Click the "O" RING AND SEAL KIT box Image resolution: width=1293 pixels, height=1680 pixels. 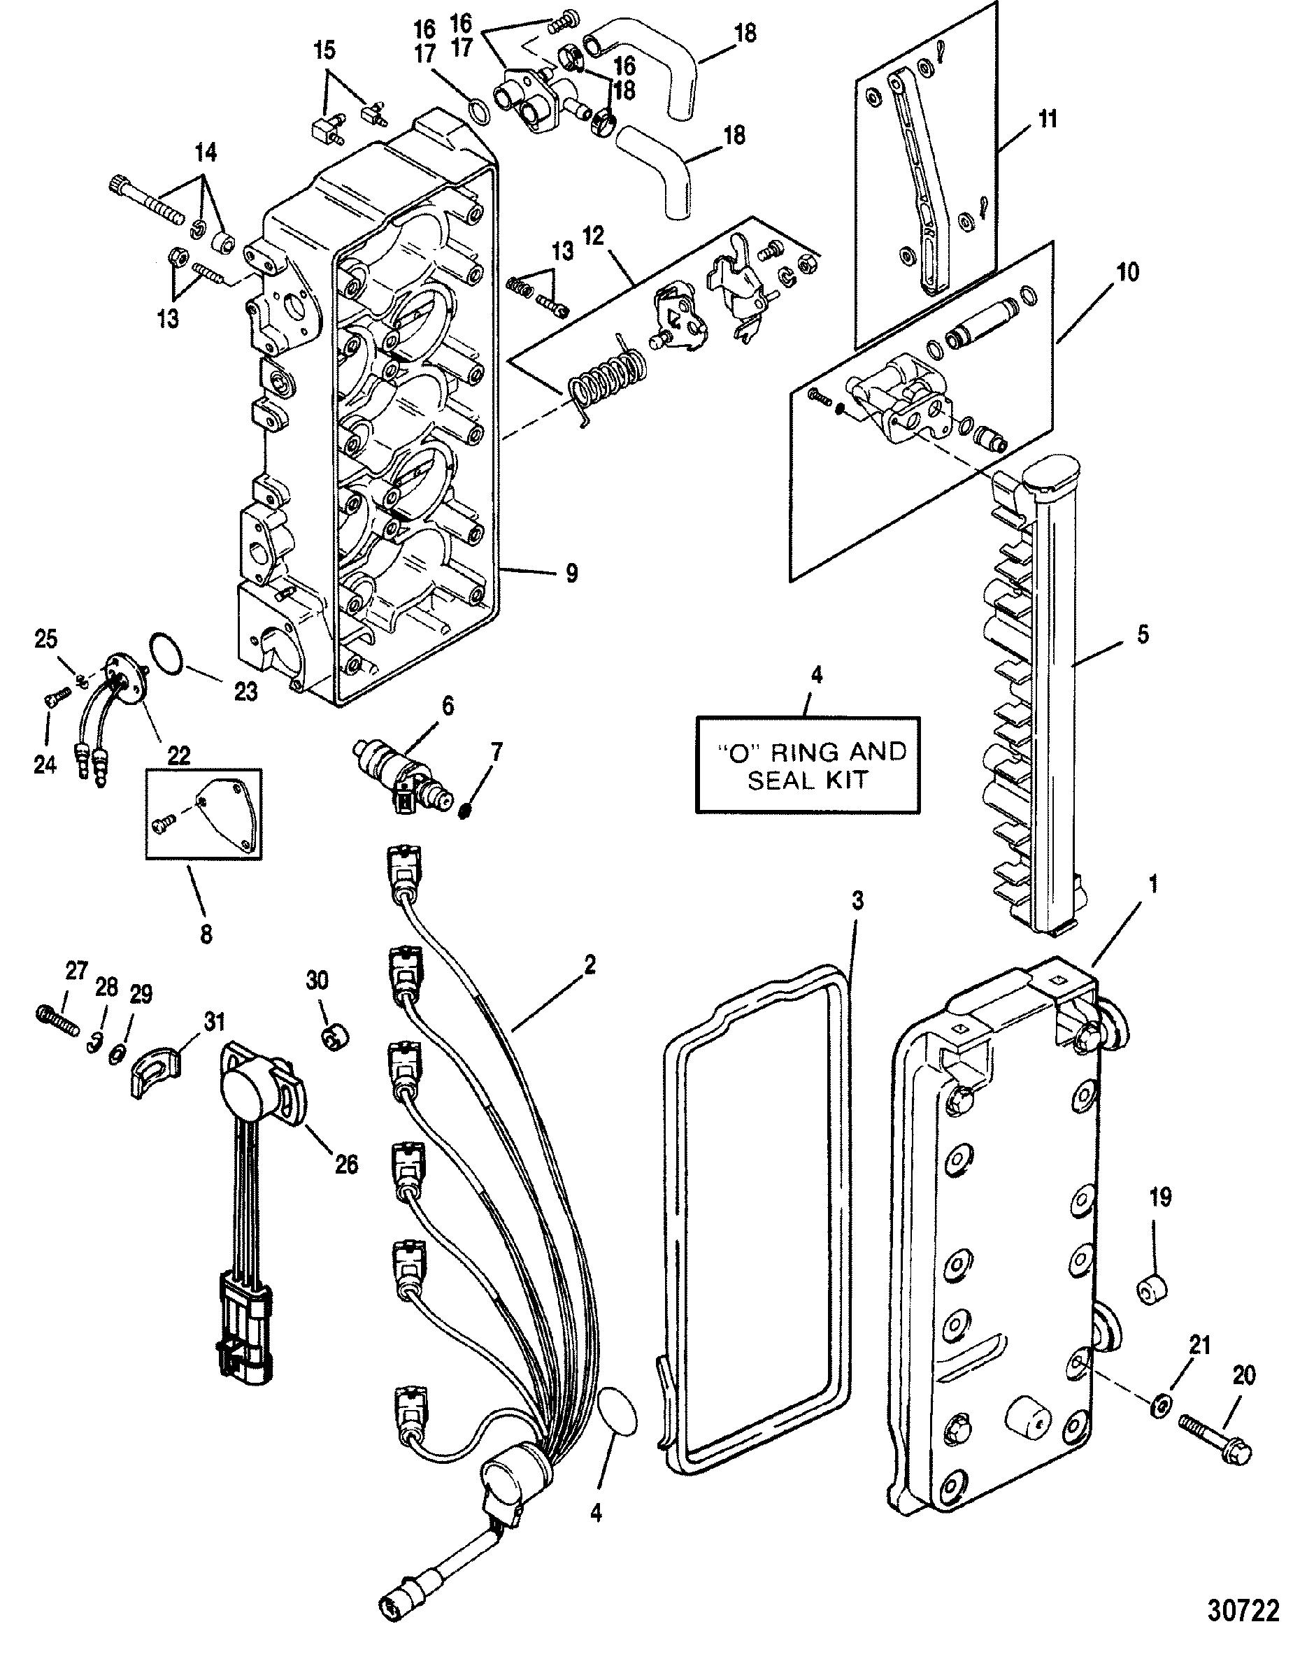point(807,764)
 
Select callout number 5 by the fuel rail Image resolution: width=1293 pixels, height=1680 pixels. point(1142,634)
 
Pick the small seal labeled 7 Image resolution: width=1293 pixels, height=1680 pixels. point(463,810)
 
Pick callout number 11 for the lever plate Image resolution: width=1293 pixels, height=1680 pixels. point(1048,119)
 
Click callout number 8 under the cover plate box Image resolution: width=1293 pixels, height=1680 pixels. point(206,933)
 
